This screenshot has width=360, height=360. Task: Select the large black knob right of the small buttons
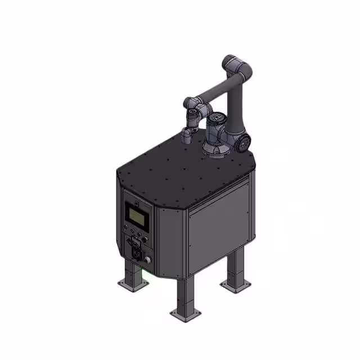coord(145,240)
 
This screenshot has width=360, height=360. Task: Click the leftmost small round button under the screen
coord(127,229)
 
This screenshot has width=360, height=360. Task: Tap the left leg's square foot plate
coord(133,282)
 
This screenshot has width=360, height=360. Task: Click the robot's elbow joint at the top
coord(236,67)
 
